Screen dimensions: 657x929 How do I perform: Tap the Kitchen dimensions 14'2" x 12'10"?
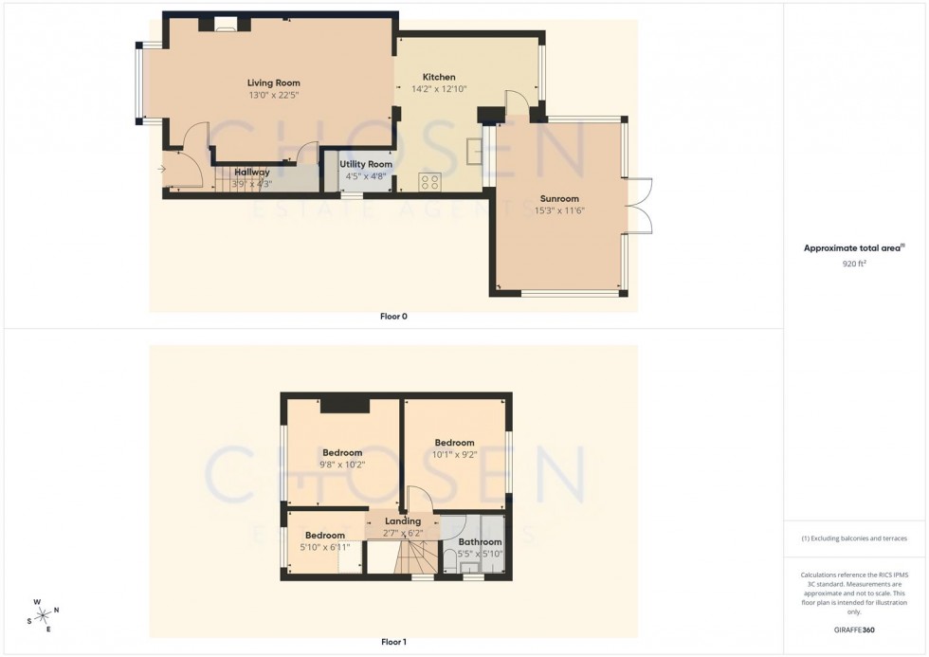pyautogui.click(x=439, y=89)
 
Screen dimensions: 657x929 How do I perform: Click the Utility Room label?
pyautogui.click(x=366, y=164)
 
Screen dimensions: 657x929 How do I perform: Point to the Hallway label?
pyautogui.click(x=252, y=172)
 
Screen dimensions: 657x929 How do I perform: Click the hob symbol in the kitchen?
pyautogui.click(x=429, y=182)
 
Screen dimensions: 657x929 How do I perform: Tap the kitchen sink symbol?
pyautogui.click(x=473, y=150)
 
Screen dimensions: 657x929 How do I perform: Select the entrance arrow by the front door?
pyautogui.click(x=162, y=170)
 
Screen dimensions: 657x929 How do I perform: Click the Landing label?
pyautogui.click(x=403, y=521)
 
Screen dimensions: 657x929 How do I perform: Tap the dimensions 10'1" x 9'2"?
pyautogui.click(x=454, y=454)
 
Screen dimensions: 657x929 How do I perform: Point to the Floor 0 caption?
pyautogui.click(x=392, y=316)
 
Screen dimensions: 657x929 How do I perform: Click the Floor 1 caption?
pyautogui.click(x=393, y=642)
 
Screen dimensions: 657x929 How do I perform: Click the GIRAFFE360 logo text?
pyautogui.click(x=854, y=630)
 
